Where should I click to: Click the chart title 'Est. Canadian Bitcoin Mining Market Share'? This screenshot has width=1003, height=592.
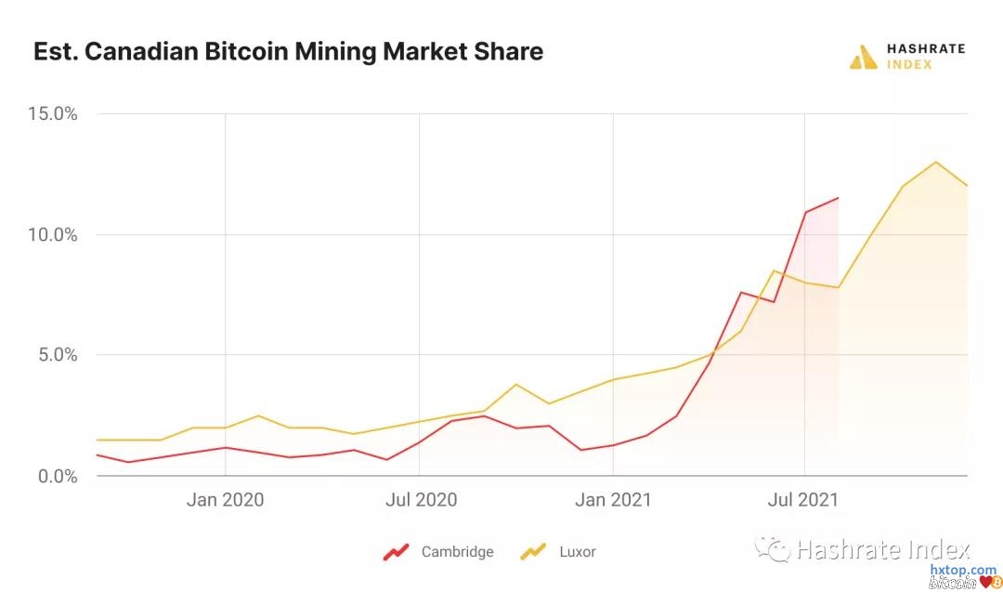(x=288, y=52)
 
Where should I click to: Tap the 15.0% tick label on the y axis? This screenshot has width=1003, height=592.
(x=53, y=114)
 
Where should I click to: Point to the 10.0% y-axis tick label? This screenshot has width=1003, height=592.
(x=53, y=235)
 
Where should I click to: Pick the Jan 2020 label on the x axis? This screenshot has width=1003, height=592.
(x=225, y=500)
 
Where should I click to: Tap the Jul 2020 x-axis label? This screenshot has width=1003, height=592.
(x=420, y=500)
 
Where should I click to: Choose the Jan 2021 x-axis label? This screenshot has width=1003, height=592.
(x=614, y=500)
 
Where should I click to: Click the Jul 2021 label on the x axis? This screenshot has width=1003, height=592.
(x=804, y=500)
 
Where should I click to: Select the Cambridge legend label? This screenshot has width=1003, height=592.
(x=457, y=552)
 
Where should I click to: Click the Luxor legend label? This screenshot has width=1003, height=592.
(x=577, y=552)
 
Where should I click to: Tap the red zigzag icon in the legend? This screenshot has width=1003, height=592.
(x=397, y=552)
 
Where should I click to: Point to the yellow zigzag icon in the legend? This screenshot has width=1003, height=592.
(x=533, y=552)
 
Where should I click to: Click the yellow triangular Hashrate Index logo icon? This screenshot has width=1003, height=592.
(x=863, y=57)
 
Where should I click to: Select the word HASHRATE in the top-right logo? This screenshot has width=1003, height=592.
(x=925, y=48)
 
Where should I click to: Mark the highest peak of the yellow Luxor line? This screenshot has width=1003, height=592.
(x=935, y=162)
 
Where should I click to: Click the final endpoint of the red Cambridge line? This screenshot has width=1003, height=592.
(x=838, y=198)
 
